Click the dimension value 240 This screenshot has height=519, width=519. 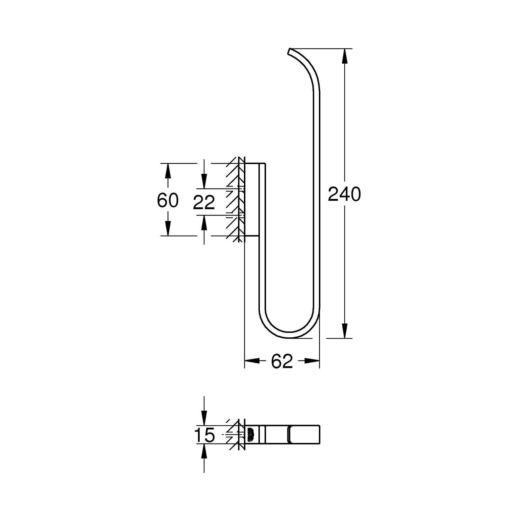(344, 194)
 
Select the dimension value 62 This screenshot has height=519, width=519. (282, 362)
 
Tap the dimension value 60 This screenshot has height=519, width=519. (167, 200)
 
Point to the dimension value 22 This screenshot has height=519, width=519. (204, 203)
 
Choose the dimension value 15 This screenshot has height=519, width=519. (204, 435)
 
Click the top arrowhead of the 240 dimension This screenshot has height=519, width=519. (344, 56)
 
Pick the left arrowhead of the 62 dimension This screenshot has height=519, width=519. (252, 361)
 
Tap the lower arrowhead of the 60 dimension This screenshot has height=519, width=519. (168, 228)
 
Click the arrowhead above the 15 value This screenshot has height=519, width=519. (204, 418)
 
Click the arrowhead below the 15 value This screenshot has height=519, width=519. (204, 452)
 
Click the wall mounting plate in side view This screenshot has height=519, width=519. (251, 199)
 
